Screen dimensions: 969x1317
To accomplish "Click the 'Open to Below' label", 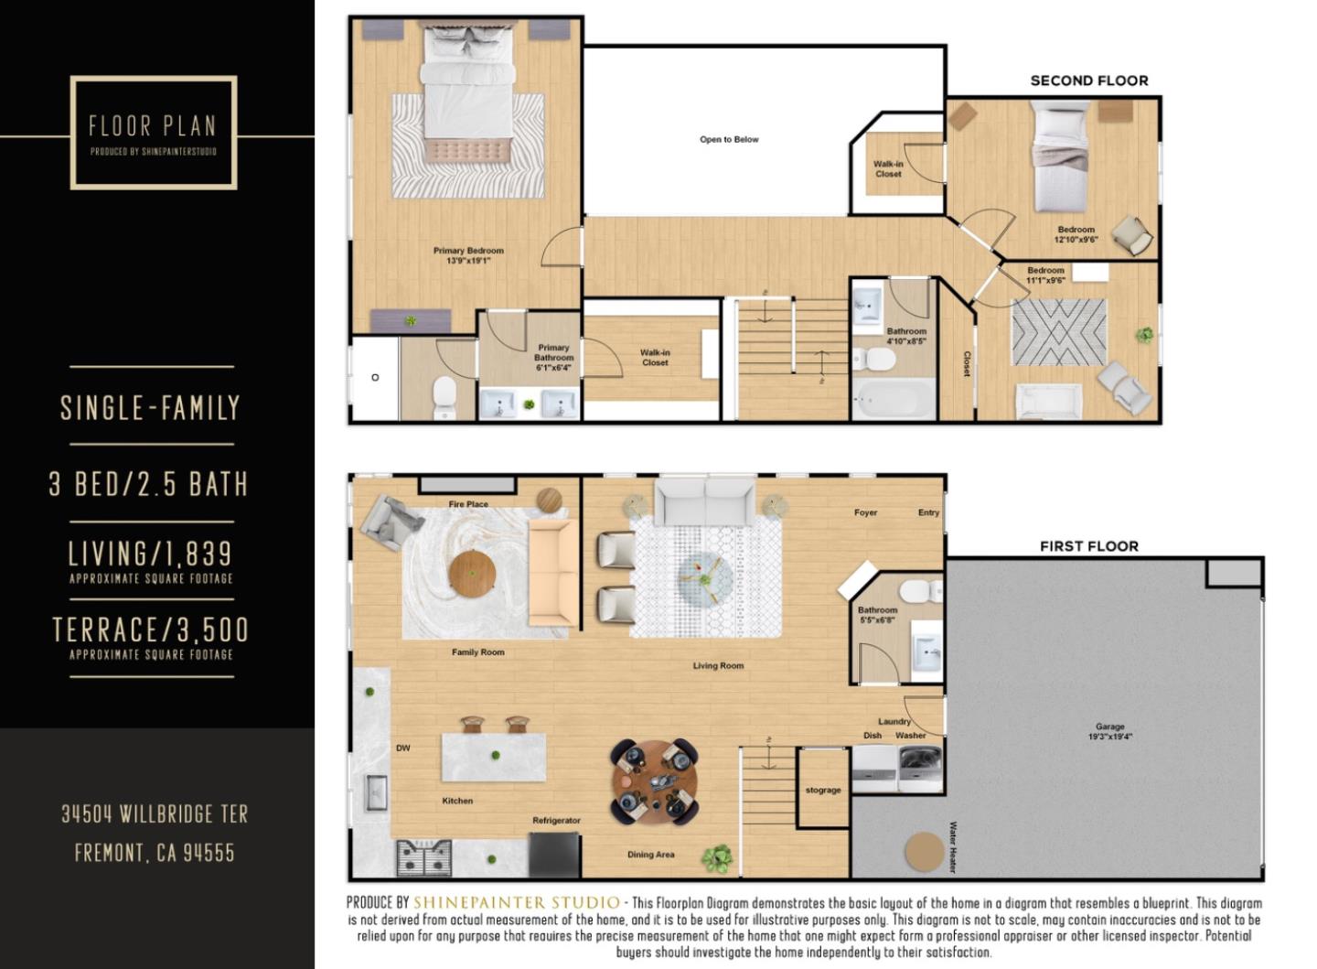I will [x=729, y=139].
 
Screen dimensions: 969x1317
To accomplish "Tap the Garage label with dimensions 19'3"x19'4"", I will [x=1109, y=731].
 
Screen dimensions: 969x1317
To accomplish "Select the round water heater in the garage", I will [x=924, y=852].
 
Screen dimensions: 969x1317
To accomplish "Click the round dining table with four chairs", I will [x=654, y=782].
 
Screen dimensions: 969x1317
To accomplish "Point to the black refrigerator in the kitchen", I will [x=554, y=855].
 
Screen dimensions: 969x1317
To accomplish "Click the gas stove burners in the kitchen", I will [x=424, y=858].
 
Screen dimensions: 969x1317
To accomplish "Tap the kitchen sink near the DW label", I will [x=376, y=792].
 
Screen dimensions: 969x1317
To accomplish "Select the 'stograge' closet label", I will [x=823, y=790].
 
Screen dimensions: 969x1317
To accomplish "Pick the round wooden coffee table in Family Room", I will [x=472, y=574].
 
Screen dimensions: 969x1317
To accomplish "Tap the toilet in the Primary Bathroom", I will [x=444, y=397].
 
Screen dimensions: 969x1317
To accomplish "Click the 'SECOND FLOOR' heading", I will [x=1088, y=81].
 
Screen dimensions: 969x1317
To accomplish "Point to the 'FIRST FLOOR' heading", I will [x=1088, y=546].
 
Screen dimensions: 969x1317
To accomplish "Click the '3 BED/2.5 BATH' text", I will [x=149, y=483].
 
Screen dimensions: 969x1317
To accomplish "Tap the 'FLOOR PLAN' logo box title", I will [x=152, y=125].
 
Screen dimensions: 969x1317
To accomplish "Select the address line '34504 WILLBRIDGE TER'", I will [x=154, y=813].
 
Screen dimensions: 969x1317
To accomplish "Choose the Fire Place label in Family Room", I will [x=468, y=504].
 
